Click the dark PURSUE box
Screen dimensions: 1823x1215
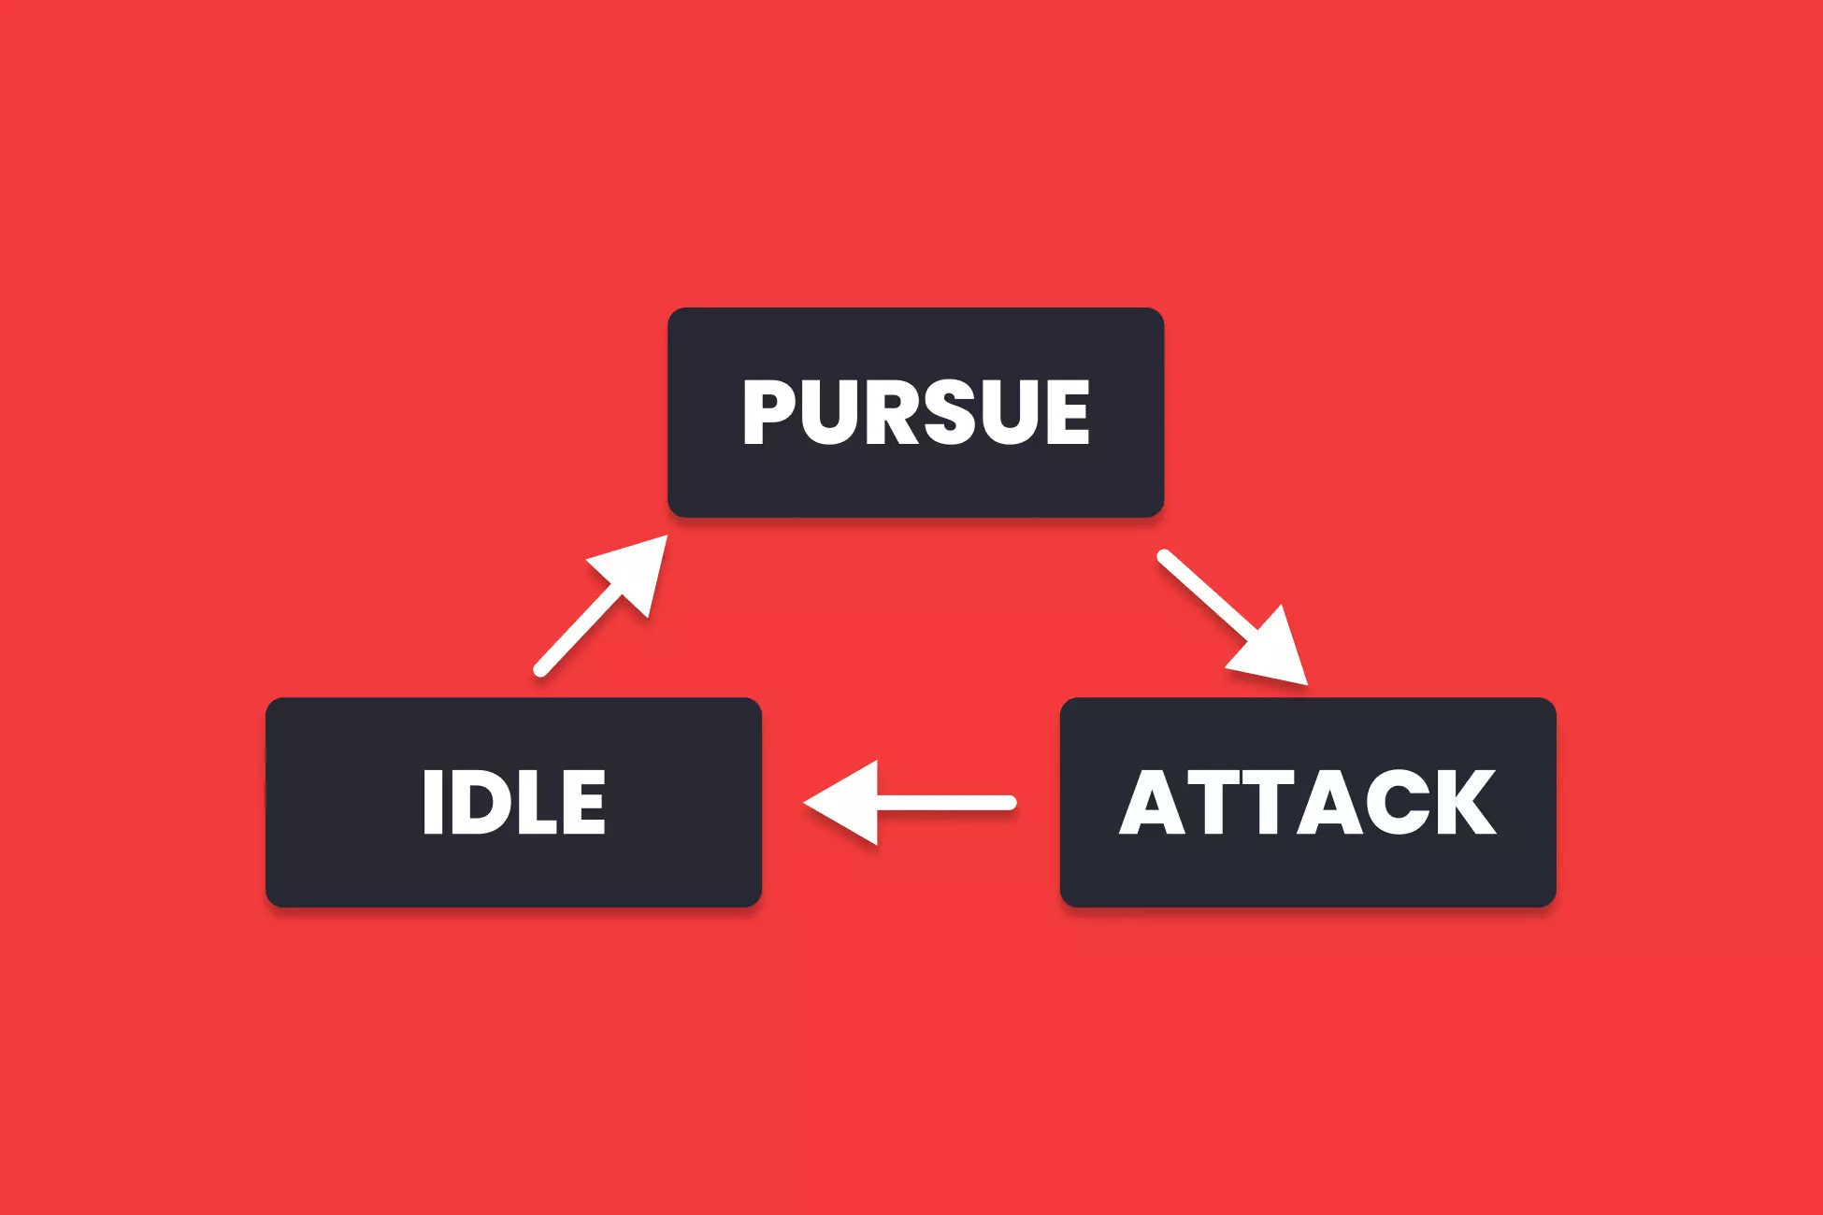click(x=915, y=412)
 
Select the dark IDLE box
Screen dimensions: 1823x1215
click(x=513, y=802)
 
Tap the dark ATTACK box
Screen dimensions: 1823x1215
click(x=1308, y=802)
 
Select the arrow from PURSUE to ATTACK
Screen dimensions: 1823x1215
click(x=1232, y=618)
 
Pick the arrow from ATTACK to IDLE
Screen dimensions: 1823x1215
click(x=910, y=803)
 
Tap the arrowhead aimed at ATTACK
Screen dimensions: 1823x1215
click(x=1271, y=650)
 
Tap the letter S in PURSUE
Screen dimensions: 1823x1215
click(x=965, y=412)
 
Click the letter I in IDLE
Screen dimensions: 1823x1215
click(x=432, y=802)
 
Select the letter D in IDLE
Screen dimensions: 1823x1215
click(x=482, y=802)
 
